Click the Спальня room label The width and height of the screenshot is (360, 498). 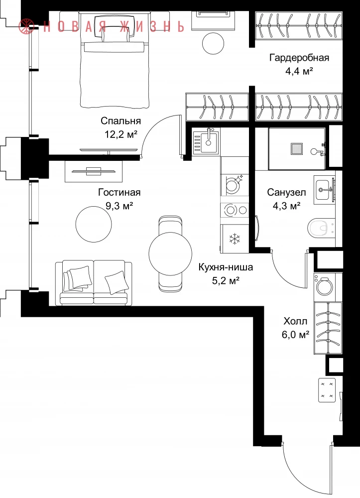[121, 121]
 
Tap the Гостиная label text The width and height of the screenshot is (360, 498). [120, 192]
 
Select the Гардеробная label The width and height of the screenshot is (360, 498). [299, 58]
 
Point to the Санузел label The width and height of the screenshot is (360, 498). [286, 192]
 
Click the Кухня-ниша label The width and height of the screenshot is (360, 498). [226, 267]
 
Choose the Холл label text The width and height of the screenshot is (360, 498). [296, 321]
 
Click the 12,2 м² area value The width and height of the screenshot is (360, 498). [121, 134]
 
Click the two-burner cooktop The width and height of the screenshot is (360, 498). [235, 210]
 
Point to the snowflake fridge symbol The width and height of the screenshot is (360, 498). [235, 239]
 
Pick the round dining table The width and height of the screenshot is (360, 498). [170, 253]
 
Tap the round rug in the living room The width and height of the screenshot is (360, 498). [94, 224]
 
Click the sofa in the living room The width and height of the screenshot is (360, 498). [94, 283]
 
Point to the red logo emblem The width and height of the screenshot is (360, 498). [27, 26]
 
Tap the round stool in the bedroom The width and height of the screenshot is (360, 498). [213, 43]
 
